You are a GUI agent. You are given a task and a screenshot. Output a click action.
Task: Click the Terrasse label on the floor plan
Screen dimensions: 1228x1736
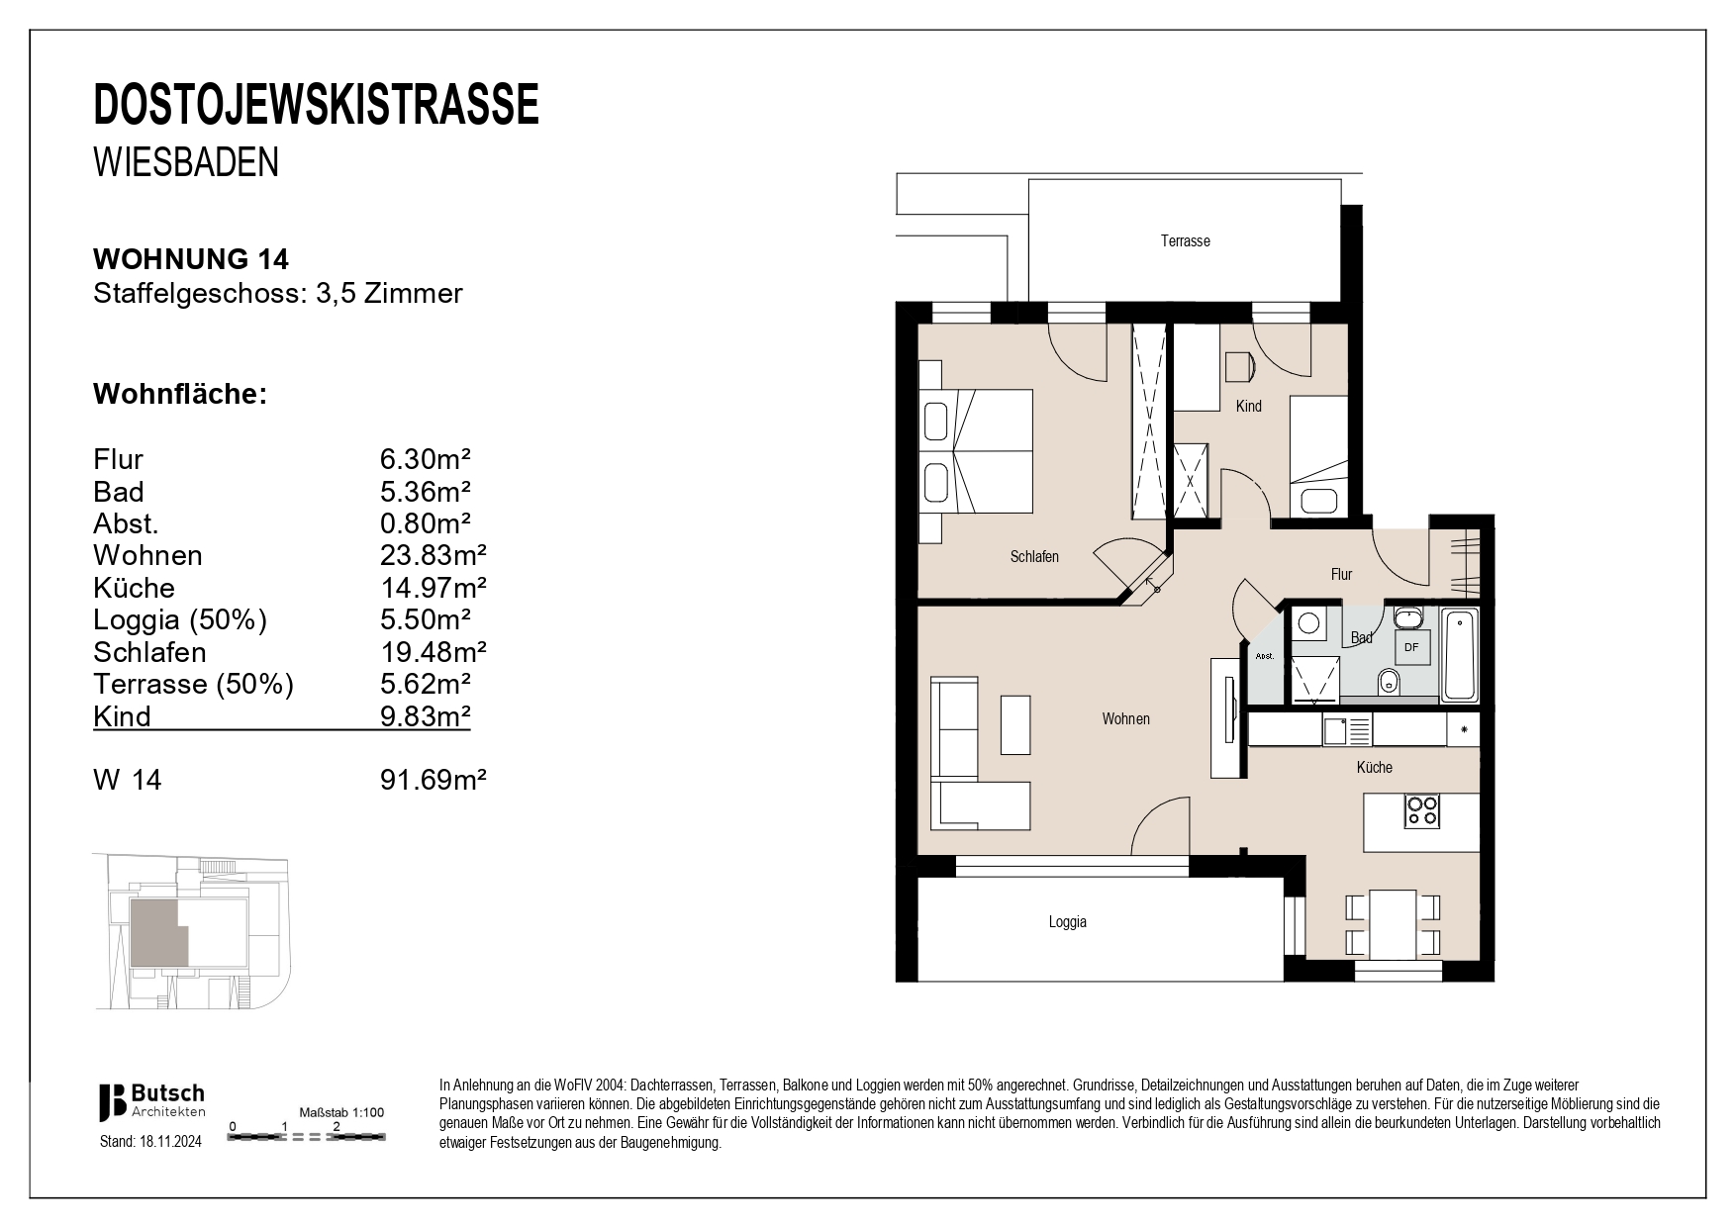click(1185, 241)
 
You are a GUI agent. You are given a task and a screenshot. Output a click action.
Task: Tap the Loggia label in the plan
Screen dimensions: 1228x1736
click(1067, 922)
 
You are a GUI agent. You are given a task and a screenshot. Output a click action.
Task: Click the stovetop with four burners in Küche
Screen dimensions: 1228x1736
click(1422, 811)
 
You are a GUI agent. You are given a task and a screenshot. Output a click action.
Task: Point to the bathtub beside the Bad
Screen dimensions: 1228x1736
click(1460, 656)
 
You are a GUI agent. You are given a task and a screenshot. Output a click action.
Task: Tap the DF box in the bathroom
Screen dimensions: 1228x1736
click(1410, 648)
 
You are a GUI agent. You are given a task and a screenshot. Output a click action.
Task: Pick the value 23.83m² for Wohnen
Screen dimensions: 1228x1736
click(434, 555)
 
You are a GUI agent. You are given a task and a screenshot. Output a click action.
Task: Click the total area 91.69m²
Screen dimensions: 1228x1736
click(434, 780)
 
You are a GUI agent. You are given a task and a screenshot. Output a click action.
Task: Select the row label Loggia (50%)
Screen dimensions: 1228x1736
click(180, 620)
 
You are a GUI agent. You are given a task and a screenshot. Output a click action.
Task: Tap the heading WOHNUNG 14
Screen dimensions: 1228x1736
click(191, 259)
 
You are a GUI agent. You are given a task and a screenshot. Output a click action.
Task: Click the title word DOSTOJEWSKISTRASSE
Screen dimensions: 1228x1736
click(317, 105)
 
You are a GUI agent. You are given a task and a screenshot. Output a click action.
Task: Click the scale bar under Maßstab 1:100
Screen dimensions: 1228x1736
click(306, 1138)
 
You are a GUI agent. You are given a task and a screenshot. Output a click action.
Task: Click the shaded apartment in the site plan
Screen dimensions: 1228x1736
click(156, 933)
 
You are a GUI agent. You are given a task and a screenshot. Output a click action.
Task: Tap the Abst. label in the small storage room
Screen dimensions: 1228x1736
click(1263, 656)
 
